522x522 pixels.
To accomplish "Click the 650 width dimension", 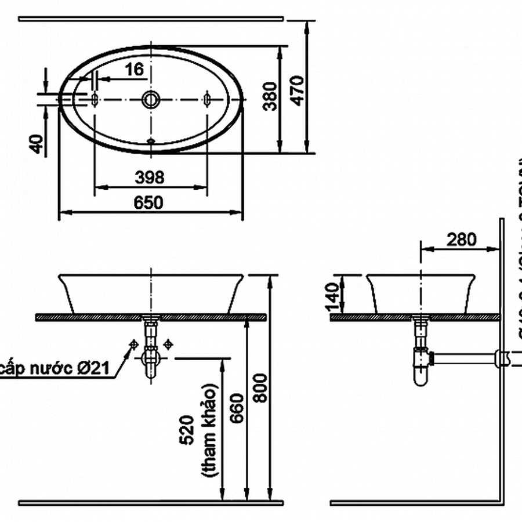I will click(x=149, y=202).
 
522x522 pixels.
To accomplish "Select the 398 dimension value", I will click(x=149, y=177).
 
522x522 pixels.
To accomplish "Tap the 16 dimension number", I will click(x=134, y=69).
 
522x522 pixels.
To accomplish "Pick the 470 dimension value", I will click(x=296, y=90).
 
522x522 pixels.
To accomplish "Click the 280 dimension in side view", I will click(x=462, y=239).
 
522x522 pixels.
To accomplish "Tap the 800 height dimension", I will click(x=261, y=387).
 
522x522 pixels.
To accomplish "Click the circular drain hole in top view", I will click(x=151, y=99).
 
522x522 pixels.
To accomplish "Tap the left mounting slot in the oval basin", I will click(x=95, y=99).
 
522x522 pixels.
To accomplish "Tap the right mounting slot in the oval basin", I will click(x=206, y=99).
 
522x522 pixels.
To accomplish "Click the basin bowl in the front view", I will click(x=151, y=293).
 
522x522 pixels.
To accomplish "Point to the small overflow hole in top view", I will click(x=151, y=140).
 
